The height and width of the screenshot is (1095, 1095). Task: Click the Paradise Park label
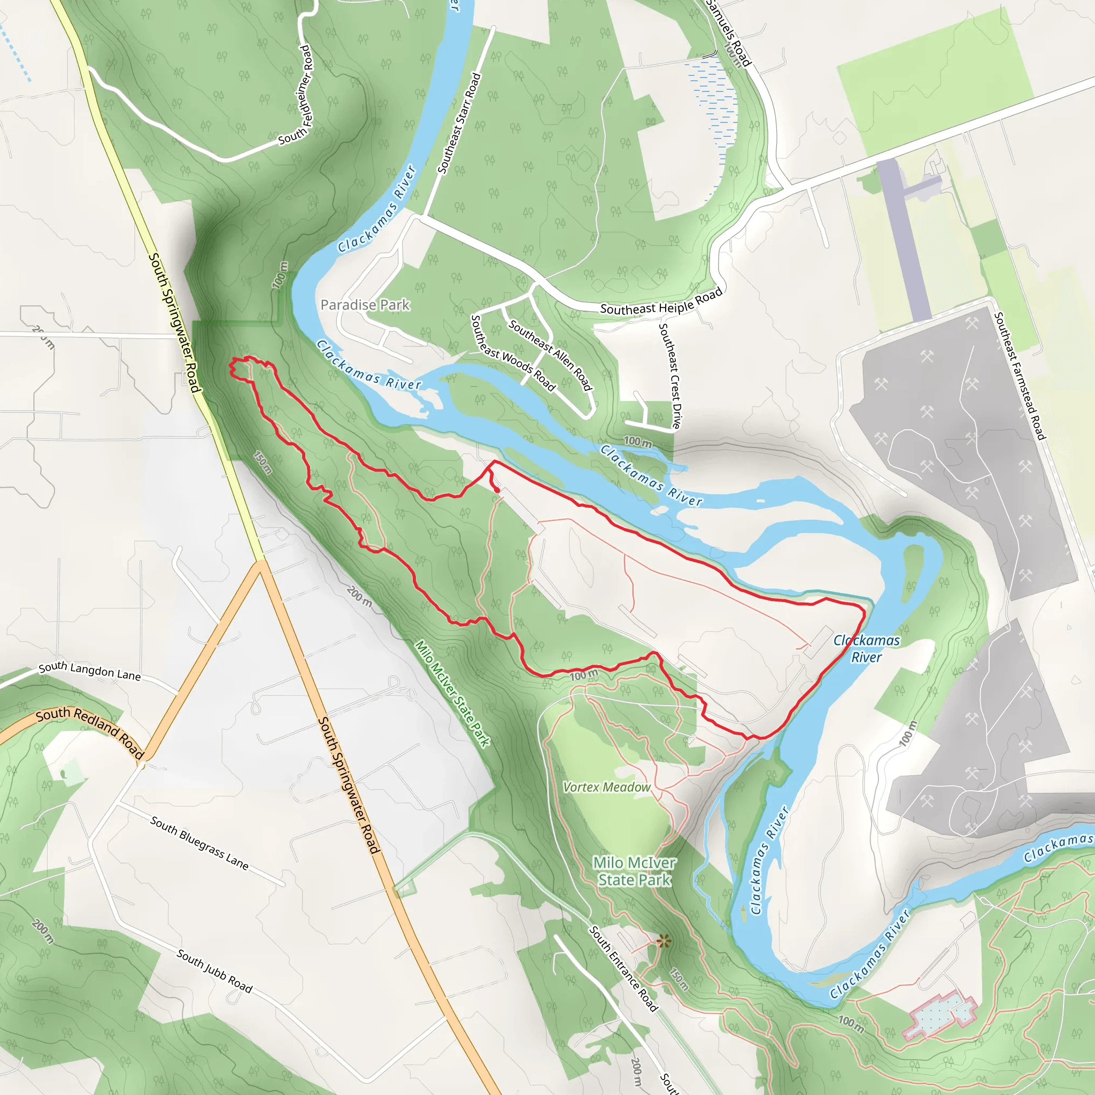(365, 305)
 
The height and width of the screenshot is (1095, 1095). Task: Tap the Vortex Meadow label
(606, 787)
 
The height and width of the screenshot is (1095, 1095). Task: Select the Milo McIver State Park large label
(634, 871)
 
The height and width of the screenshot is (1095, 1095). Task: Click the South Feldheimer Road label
(296, 95)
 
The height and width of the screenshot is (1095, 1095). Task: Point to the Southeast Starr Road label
(459, 123)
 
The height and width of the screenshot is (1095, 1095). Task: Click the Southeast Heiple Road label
(661, 302)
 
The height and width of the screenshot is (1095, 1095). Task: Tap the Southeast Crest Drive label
(670, 375)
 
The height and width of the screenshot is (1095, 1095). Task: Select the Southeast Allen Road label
(550, 356)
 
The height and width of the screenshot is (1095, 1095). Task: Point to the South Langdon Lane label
(89, 670)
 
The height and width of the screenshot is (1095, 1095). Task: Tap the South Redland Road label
(89, 730)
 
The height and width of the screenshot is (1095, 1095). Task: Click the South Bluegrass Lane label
(199, 843)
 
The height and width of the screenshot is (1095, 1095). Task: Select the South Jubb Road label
(214, 971)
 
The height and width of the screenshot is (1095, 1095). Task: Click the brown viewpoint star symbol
(664, 942)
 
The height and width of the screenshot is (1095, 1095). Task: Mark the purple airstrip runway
(905, 238)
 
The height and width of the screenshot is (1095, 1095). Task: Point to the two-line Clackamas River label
(866, 649)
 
